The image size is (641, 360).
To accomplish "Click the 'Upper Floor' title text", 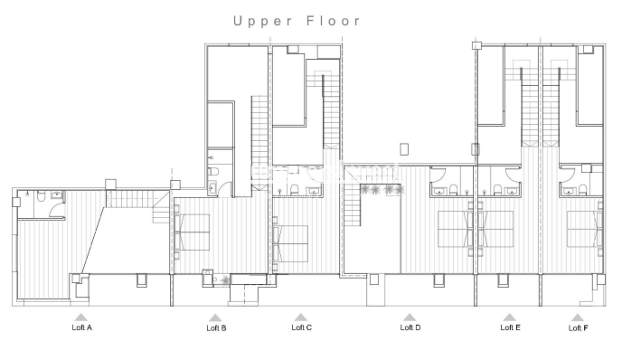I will click(x=297, y=20).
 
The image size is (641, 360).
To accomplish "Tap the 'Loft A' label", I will click(x=82, y=327).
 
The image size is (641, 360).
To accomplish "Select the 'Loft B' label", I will click(x=216, y=327).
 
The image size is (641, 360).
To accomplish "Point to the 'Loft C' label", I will click(x=301, y=327).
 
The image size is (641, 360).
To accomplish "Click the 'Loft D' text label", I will click(x=410, y=327).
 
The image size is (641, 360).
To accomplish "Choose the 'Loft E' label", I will click(x=510, y=327).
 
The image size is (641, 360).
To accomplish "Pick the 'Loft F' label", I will click(x=578, y=327).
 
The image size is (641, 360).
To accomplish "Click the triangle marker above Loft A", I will click(x=81, y=317).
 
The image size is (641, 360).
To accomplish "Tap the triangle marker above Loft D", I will click(x=410, y=317).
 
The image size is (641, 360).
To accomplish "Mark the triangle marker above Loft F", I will click(x=577, y=317).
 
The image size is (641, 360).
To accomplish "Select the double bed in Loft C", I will click(x=291, y=241).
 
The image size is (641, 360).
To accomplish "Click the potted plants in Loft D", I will click(x=380, y=190).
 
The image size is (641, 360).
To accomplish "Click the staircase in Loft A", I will click(x=119, y=198).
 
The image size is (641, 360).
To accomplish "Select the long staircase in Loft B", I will click(x=259, y=136).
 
